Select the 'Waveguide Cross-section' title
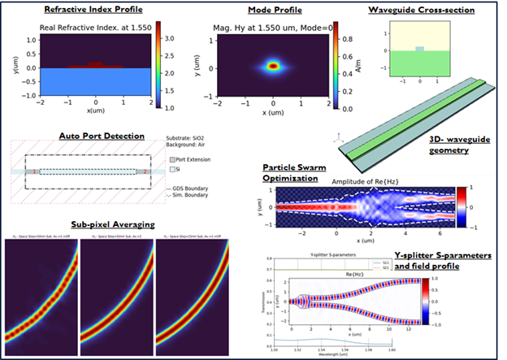coord(421,10)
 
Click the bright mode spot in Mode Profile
coord(274,67)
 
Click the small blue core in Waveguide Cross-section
coord(419,50)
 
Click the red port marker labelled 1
coord(36,172)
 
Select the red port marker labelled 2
coord(143,172)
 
